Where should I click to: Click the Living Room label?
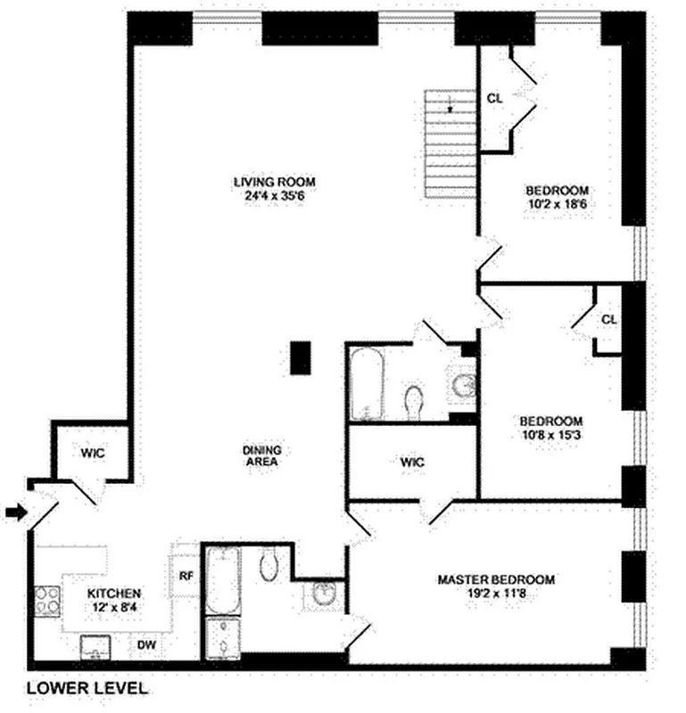click(x=275, y=182)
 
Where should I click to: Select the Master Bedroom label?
click(x=496, y=579)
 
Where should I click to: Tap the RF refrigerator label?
click(x=186, y=575)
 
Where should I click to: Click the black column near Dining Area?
click(x=301, y=357)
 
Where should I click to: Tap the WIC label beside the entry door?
click(x=93, y=453)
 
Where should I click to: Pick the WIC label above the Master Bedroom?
click(x=412, y=463)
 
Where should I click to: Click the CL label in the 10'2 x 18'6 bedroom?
click(x=494, y=99)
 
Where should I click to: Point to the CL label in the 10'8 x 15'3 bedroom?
click(x=608, y=319)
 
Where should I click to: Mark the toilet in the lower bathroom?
click(x=270, y=564)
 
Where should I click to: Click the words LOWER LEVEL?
click(x=87, y=688)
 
